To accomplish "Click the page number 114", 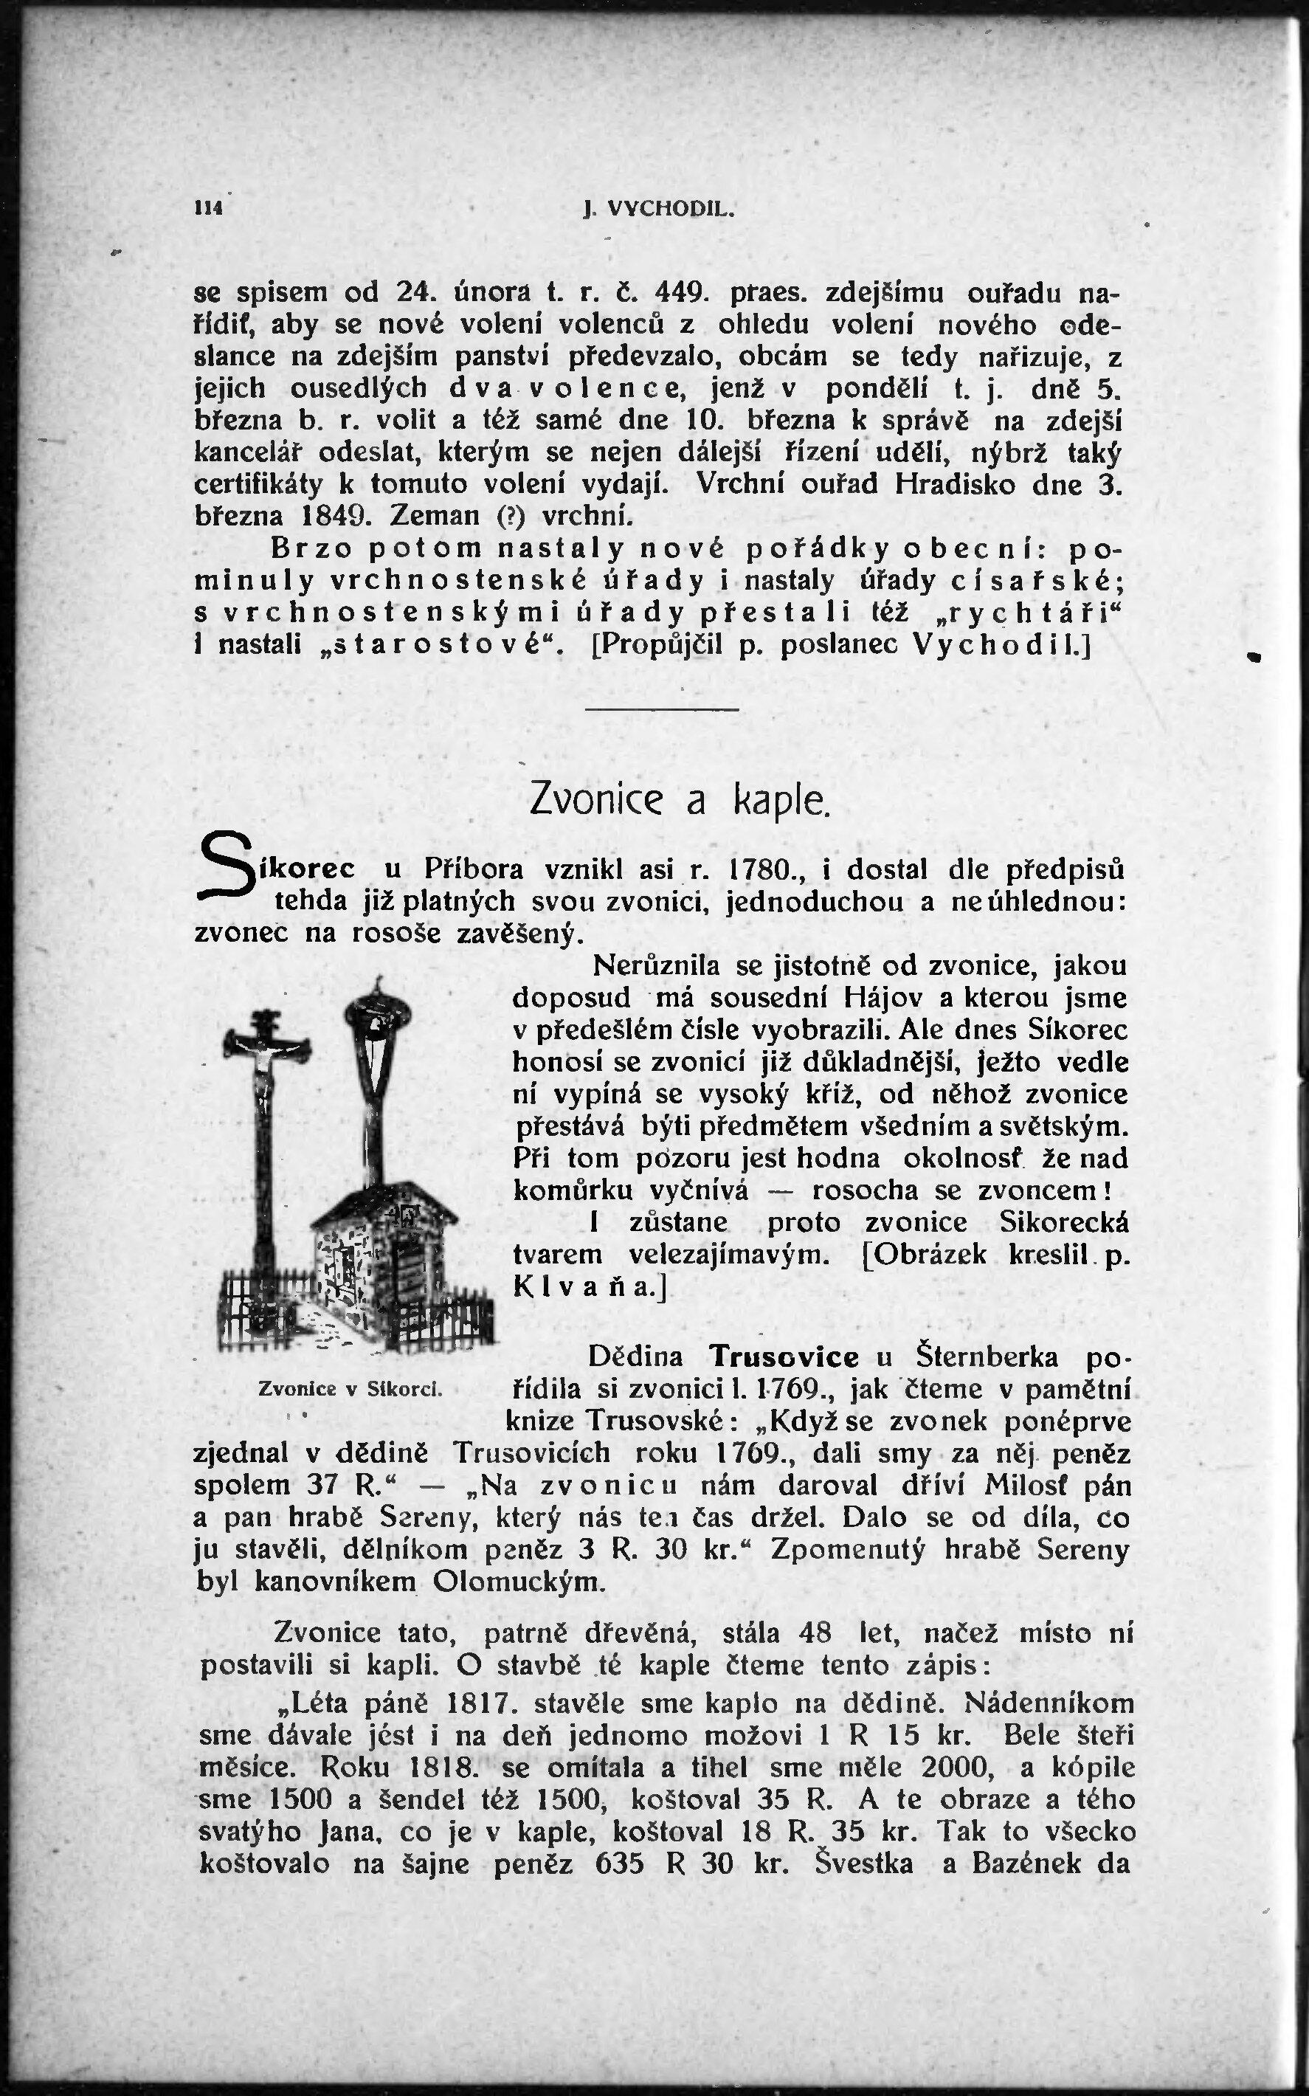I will tap(209, 208).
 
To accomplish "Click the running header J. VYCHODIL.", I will tap(659, 209).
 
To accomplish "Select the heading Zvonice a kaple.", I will tap(680, 800).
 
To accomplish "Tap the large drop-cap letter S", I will tap(223, 869).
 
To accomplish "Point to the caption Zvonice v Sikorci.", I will tap(350, 1390).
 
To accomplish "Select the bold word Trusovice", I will tap(784, 1356).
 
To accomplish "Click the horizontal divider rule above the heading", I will tap(663, 709).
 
